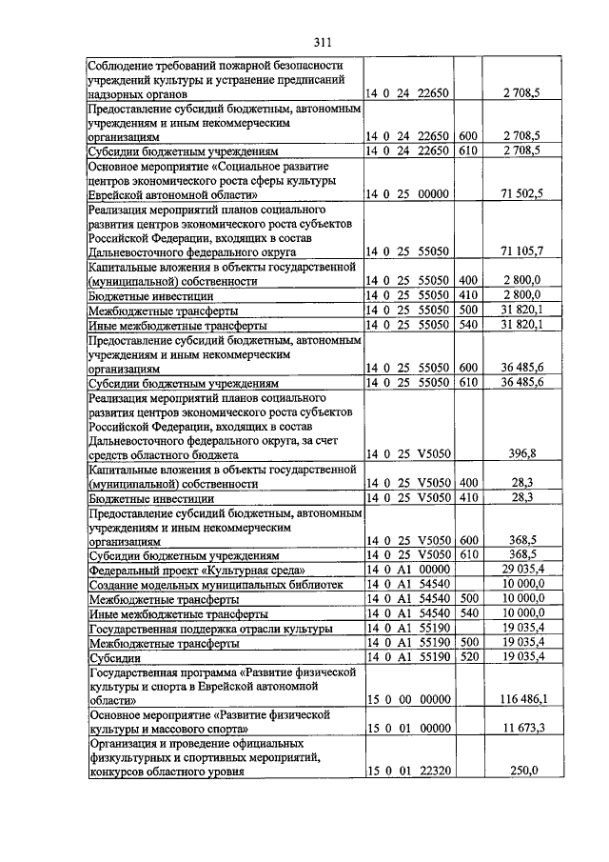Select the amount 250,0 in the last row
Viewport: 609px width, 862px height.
click(523, 771)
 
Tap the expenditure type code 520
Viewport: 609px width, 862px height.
click(467, 656)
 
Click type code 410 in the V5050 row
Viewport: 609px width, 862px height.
click(467, 497)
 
